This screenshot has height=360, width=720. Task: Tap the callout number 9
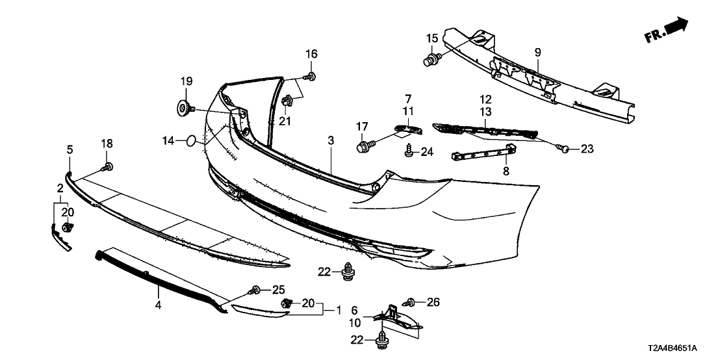tap(537, 51)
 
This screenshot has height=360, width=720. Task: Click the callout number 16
tap(312, 53)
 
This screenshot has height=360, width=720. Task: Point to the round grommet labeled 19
tap(182, 107)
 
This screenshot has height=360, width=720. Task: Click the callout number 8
tap(507, 171)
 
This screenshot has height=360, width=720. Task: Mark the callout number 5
tap(70, 150)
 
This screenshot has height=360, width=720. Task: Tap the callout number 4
tap(157, 303)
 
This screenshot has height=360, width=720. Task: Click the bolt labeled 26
tap(411, 302)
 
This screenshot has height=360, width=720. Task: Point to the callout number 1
tap(337, 310)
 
